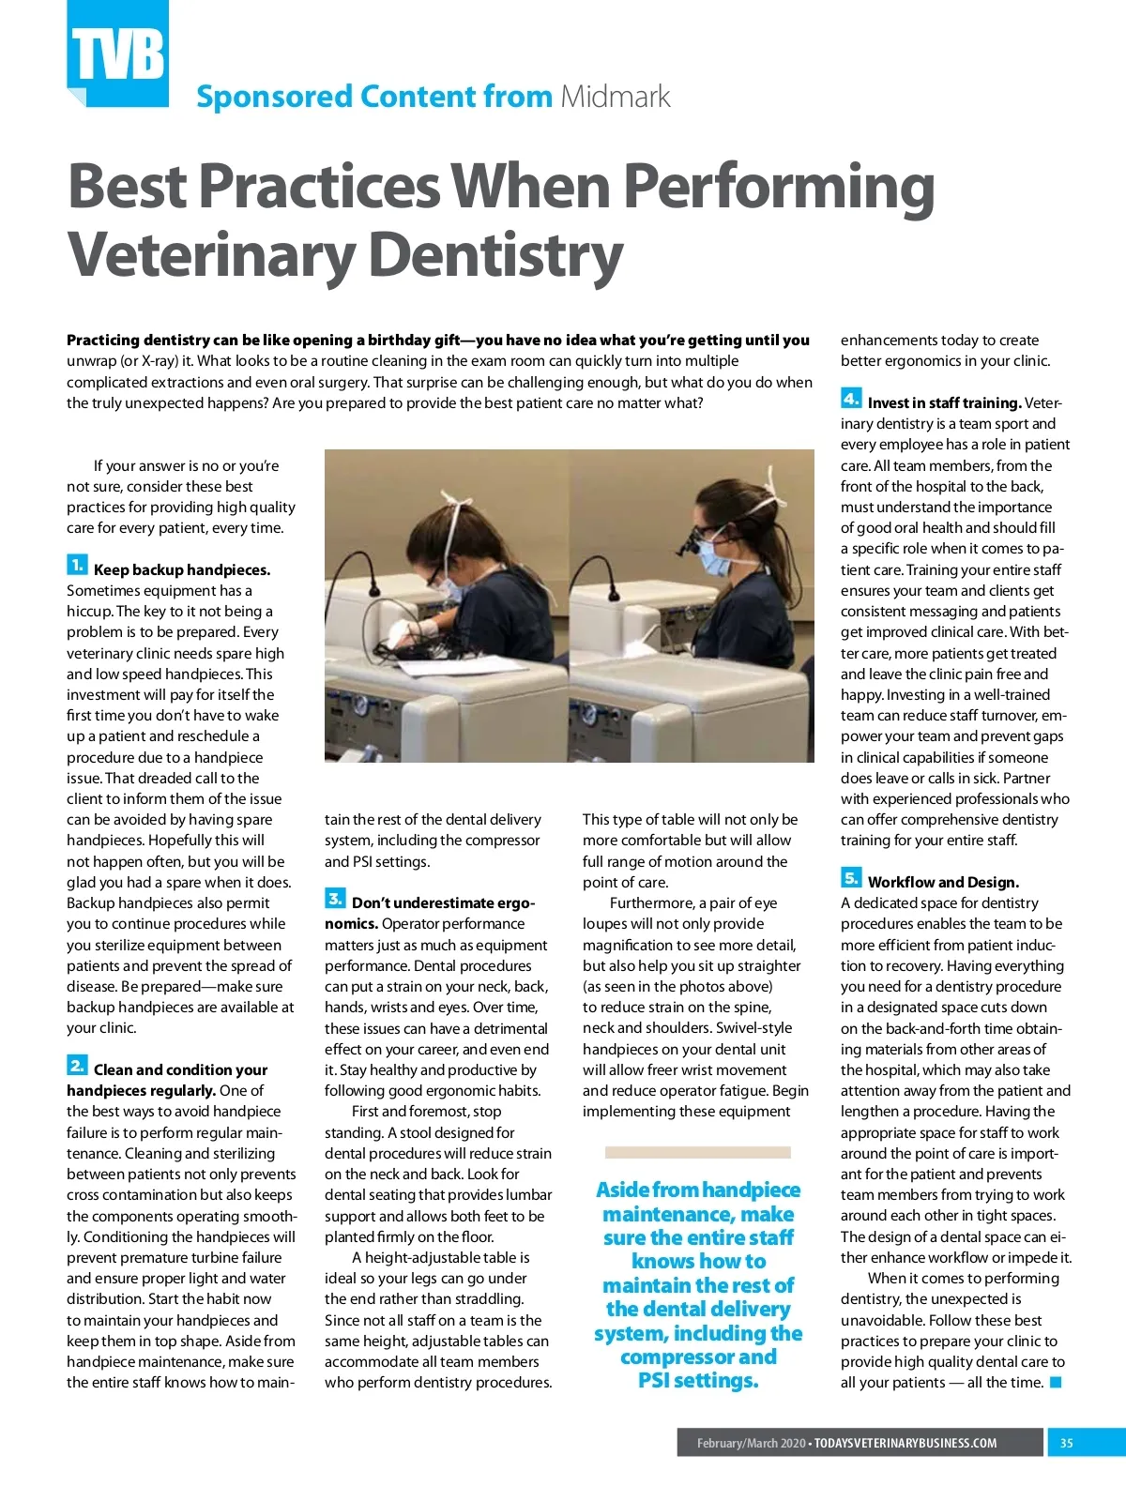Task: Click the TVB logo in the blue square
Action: pyautogui.click(x=118, y=54)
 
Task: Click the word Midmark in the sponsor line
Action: pyautogui.click(x=616, y=97)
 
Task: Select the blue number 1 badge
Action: pyautogui.click(x=77, y=565)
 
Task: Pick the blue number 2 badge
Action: pyautogui.click(x=77, y=1065)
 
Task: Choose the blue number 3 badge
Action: pyautogui.click(x=335, y=898)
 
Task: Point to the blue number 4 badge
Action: pyautogui.click(x=850, y=399)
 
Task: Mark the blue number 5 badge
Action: pyautogui.click(x=850, y=878)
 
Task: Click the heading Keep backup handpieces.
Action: pyautogui.click(x=182, y=569)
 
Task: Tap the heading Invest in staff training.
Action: pyautogui.click(x=944, y=403)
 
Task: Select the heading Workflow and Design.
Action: pyautogui.click(x=943, y=883)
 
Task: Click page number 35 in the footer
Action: pyautogui.click(x=1067, y=1443)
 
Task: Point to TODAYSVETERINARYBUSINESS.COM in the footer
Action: pyautogui.click(x=905, y=1443)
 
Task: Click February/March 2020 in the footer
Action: pyautogui.click(x=751, y=1443)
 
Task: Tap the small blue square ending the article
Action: pyautogui.click(x=1056, y=1383)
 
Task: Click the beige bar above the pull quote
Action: pyautogui.click(x=697, y=1152)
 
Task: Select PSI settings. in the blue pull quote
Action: pyautogui.click(x=698, y=1381)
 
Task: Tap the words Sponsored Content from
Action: pyautogui.click(x=373, y=97)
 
